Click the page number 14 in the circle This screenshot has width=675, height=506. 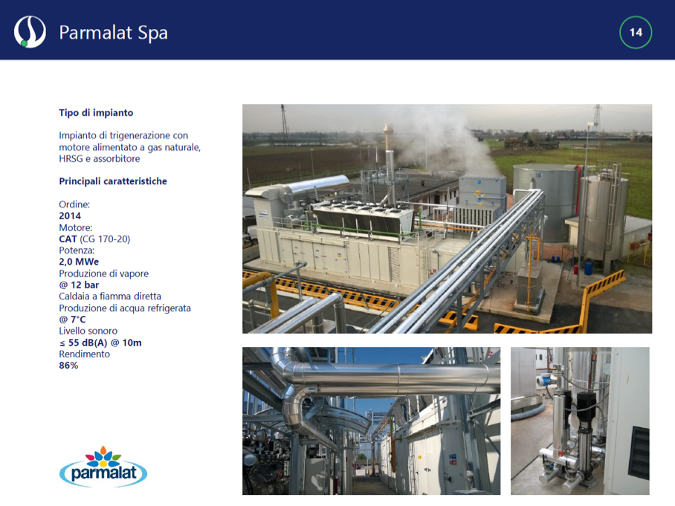(636, 32)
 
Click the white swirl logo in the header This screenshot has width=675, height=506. (30, 32)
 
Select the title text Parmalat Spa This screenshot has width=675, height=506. (113, 33)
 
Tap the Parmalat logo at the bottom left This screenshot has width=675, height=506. (103, 467)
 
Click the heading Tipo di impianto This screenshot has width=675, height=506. (96, 113)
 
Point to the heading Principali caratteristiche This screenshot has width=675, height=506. (113, 181)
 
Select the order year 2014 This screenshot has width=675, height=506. (70, 216)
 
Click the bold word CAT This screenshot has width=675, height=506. (68, 239)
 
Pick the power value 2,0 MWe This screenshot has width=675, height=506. (79, 262)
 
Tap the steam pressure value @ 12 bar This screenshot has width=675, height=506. (79, 285)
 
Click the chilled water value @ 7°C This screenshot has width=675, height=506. (72, 320)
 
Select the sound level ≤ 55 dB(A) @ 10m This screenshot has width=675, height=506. (100, 343)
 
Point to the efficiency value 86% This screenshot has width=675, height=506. (68, 366)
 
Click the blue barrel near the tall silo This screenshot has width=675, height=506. (589, 267)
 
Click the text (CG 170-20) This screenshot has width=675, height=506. (105, 239)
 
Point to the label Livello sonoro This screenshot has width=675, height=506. (88, 331)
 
